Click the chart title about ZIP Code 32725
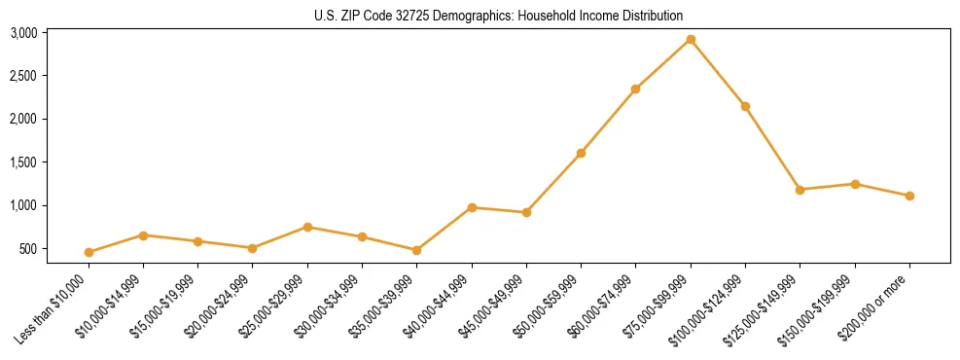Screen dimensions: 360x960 coord(499,16)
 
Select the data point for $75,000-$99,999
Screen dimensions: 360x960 coord(691,40)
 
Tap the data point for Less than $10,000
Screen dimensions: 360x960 coord(89,252)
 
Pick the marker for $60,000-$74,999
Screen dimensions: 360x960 coord(635,90)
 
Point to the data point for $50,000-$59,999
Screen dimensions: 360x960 coord(581,153)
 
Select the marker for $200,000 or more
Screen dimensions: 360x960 coord(909,196)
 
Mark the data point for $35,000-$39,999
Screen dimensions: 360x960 coord(416,250)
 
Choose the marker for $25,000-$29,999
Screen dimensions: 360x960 coord(307,227)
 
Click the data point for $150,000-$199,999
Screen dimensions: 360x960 coord(855,184)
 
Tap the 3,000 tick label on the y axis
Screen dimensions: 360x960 coord(51,33)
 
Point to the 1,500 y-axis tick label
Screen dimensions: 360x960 coord(51,162)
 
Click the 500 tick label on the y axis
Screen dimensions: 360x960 coord(56,249)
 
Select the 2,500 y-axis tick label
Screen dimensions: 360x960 coord(51,76)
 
